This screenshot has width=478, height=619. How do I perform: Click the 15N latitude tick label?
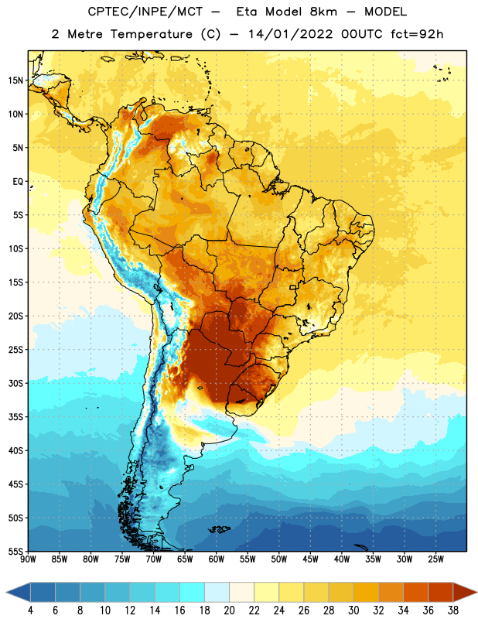coord(15,80)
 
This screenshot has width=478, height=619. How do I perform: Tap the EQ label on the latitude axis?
coord(18,182)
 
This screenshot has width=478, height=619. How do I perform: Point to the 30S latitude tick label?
coord(15,383)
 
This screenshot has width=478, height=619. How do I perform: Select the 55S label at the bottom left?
coord(15,552)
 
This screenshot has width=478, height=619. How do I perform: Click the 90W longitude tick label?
coord(28,559)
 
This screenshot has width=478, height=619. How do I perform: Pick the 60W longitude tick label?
coord(217,559)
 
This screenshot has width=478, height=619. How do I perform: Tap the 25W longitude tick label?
coord(435,559)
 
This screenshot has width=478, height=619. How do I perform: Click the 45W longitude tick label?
coord(310,559)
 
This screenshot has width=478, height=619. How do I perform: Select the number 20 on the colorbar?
coord(229,610)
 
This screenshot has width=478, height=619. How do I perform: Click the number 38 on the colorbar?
coord(453,610)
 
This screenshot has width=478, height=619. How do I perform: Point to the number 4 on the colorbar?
coord(30,610)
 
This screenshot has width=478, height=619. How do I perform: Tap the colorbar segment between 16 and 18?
coord(193,592)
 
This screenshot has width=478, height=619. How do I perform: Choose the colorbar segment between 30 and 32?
coord(366,592)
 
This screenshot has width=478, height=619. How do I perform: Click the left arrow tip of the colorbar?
coord(6,592)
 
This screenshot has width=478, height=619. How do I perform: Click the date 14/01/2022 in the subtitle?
coord(290,34)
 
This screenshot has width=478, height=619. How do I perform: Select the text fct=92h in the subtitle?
coord(417,34)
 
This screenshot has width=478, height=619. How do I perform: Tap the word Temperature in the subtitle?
coord(151,35)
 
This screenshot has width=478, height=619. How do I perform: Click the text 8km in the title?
coord(323,12)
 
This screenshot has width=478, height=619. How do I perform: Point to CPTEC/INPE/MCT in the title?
coord(145,12)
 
